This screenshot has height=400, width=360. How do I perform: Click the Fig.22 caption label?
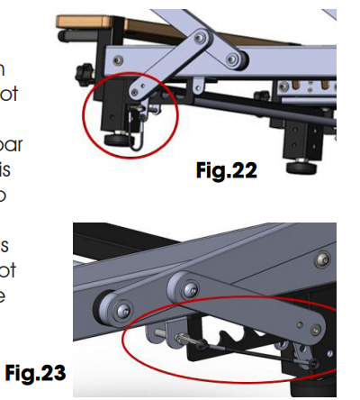pos(226,170)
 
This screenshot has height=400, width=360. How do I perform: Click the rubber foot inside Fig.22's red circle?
pos(117,141)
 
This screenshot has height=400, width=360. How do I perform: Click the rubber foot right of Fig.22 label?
pos(302,167)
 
